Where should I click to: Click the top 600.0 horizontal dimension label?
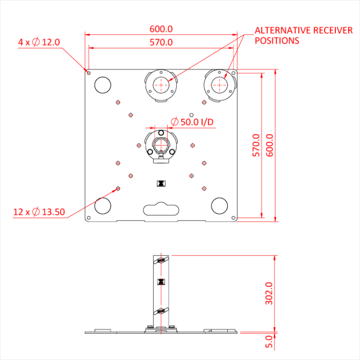tap(161, 29)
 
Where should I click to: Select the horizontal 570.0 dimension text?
tap(161, 42)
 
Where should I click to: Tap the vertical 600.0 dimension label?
tap(270, 146)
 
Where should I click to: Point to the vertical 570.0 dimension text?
tap(256, 146)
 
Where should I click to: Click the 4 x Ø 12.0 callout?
tap(39, 42)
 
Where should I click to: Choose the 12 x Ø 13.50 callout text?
tap(39, 211)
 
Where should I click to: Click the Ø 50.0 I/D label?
tap(191, 122)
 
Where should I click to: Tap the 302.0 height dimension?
tap(268, 293)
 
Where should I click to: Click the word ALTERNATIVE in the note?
tap(281, 30)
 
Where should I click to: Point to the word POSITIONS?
tap(277, 41)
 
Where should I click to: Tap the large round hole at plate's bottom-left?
tap(103, 206)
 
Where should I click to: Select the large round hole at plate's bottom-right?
tap(220, 206)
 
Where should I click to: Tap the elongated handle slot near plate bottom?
tap(161, 209)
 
